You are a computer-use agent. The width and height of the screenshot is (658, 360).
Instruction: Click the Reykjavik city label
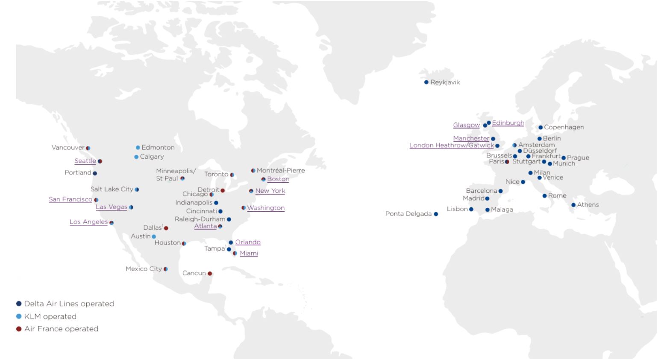tap(445, 83)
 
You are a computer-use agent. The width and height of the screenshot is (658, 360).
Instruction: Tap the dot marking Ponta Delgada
tap(436, 214)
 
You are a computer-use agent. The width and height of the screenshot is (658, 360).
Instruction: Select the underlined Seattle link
tap(85, 161)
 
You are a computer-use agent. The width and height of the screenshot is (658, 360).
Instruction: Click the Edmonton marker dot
tap(138, 148)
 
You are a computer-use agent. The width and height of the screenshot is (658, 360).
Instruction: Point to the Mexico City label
tap(144, 269)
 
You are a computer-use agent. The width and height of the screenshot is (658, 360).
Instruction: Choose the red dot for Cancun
tap(210, 274)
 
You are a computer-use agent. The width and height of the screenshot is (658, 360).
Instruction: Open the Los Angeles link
tap(88, 222)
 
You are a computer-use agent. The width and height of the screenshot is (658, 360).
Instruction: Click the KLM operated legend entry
tap(50, 317)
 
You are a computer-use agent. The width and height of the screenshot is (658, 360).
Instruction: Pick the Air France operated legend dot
tap(19, 329)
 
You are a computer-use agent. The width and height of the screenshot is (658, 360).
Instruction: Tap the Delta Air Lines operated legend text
tap(69, 304)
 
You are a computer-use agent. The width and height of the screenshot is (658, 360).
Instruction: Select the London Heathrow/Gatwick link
tap(451, 145)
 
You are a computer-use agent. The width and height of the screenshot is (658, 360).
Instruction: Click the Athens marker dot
tap(573, 205)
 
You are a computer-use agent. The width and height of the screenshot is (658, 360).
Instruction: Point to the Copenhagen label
tap(564, 127)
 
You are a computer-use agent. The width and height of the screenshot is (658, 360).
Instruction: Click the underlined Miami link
tap(249, 254)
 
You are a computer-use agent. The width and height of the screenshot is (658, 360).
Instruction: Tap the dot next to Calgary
tap(136, 157)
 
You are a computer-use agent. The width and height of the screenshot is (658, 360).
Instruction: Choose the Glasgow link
tap(466, 125)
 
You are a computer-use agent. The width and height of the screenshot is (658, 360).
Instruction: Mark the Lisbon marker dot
tap(471, 210)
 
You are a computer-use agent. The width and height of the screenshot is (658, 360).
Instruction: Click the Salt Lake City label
tap(112, 189)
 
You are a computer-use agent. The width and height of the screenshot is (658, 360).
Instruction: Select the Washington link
tap(265, 208)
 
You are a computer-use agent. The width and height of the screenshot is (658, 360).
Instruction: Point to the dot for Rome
tap(545, 196)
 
